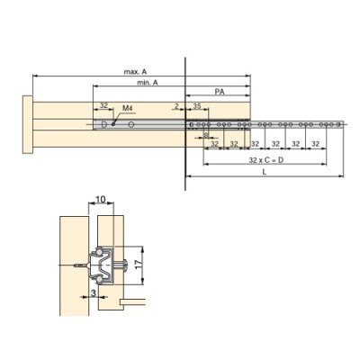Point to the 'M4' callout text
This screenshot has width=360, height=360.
click(x=127, y=108)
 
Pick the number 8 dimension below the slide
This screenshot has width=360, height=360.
click(x=206, y=138)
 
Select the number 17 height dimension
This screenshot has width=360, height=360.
click(x=135, y=265)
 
